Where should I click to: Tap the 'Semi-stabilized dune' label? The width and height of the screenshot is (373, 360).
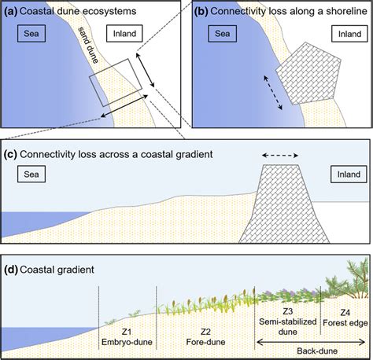[289, 323]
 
